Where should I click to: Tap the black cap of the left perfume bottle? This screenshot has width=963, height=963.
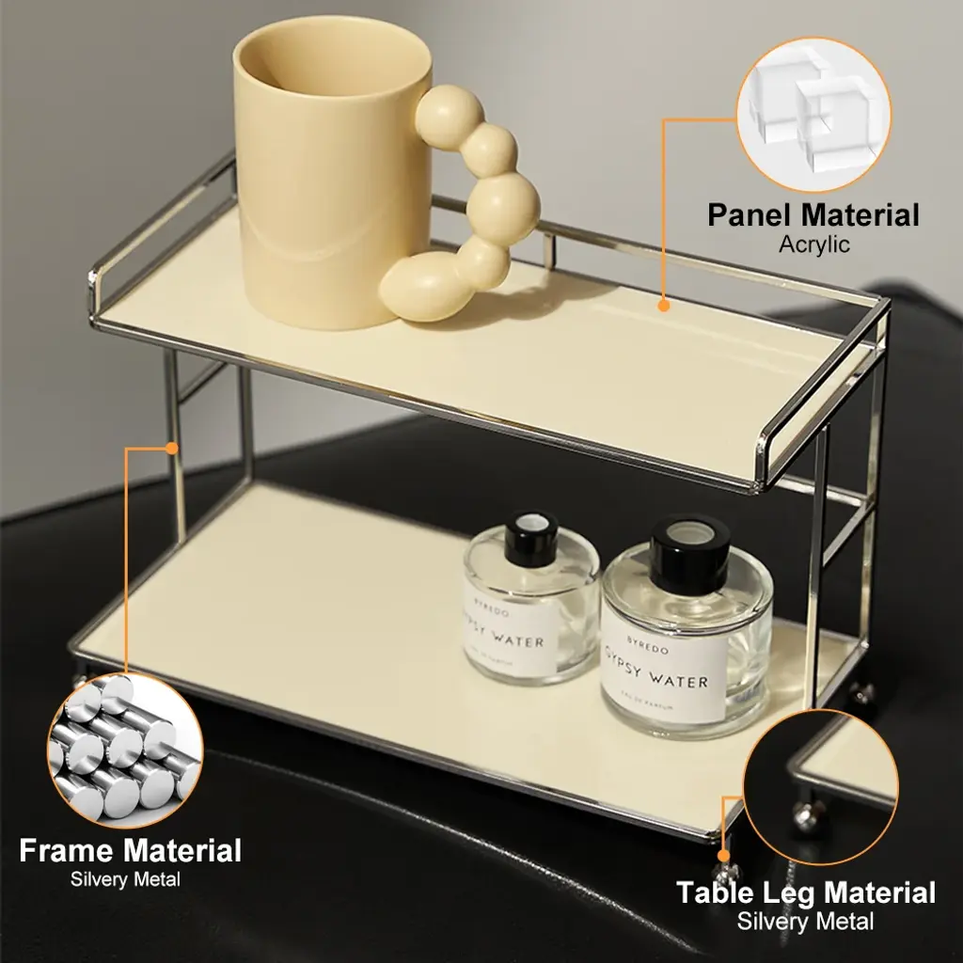(530, 538)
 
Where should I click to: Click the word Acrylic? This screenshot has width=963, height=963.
(813, 245)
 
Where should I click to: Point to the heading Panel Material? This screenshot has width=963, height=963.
(813, 215)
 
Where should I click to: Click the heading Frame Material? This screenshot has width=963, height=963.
(130, 850)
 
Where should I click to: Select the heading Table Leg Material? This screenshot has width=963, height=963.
(806, 892)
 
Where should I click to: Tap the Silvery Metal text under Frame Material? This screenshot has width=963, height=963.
(125, 879)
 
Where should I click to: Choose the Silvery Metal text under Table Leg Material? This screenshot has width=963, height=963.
(805, 922)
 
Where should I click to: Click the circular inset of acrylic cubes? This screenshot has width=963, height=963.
(813, 115)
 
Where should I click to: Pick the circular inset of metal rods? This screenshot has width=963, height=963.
(125, 750)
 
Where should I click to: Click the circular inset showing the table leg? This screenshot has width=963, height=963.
(820, 787)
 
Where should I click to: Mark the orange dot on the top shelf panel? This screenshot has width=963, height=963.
(663, 305)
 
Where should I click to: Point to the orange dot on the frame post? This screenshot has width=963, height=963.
(172, 449)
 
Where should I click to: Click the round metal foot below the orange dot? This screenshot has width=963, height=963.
(726, 874)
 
